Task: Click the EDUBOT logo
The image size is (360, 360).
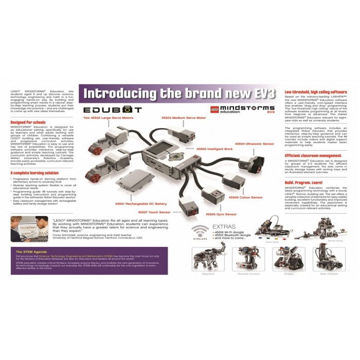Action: point(113,110)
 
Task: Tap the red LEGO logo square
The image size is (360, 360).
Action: point(215,109)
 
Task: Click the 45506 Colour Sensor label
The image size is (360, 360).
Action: point(245,197)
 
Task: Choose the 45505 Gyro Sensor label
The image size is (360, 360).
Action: point(221,214)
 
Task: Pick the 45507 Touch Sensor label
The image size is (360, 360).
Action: point(154,212)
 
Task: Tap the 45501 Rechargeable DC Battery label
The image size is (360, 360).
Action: point(141,204)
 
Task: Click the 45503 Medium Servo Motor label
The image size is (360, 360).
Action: point(183,118)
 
